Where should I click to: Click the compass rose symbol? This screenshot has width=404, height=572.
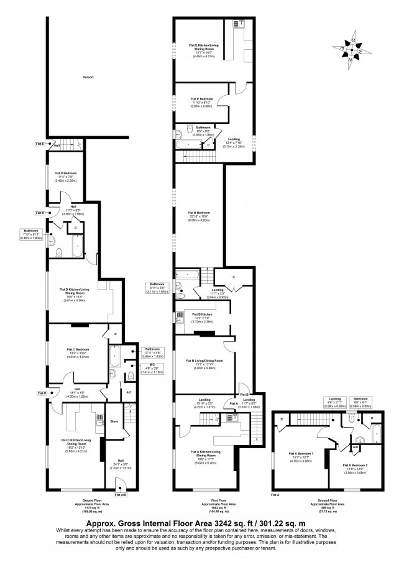351,49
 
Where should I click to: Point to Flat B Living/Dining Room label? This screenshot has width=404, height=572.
206,362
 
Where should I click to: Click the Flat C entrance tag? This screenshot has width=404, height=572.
42,393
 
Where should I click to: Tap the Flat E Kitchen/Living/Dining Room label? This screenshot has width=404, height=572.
201,47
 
